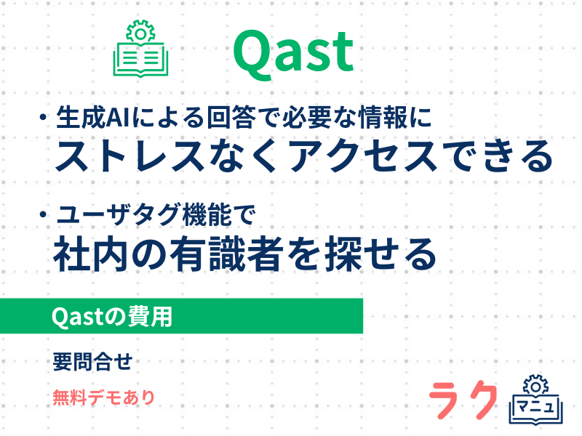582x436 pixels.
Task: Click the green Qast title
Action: [293, 53]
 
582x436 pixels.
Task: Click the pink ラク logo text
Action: [463, 400]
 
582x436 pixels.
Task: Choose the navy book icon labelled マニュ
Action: [537, 400]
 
